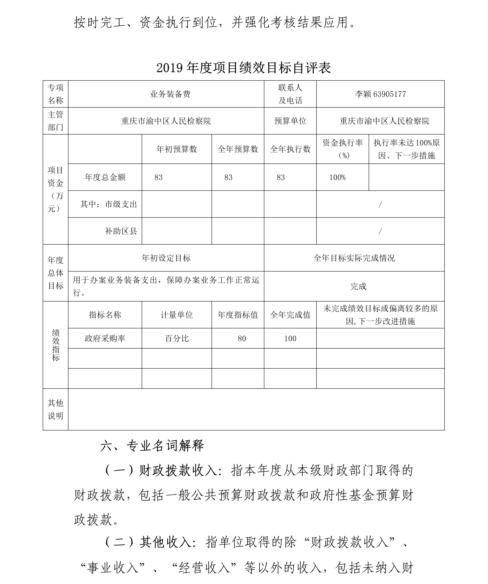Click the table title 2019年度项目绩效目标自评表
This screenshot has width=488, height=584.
point(244,68)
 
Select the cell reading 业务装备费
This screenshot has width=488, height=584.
point(170,94)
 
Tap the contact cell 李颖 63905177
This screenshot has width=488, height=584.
point(380,94)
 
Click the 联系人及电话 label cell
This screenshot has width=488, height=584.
point(290,94)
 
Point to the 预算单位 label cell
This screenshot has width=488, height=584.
point(290,121)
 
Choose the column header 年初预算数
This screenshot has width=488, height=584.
point(177,149)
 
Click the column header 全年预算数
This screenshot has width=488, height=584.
point(238,149)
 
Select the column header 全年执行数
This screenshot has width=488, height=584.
point(290,149)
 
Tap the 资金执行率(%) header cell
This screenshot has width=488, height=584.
point(342,149)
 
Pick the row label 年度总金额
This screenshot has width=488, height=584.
point(105,177)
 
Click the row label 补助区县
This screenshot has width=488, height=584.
point(121,231)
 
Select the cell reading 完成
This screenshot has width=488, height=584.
point(358,286)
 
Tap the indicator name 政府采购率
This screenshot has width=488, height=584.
point(105,339)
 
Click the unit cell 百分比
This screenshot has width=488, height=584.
point(177,339)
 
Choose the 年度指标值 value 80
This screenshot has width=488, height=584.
point(242,339)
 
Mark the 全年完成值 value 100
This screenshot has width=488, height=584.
point(290,339)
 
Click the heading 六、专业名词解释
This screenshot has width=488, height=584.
point(152,446)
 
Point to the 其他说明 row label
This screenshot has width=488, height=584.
point(56,409)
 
